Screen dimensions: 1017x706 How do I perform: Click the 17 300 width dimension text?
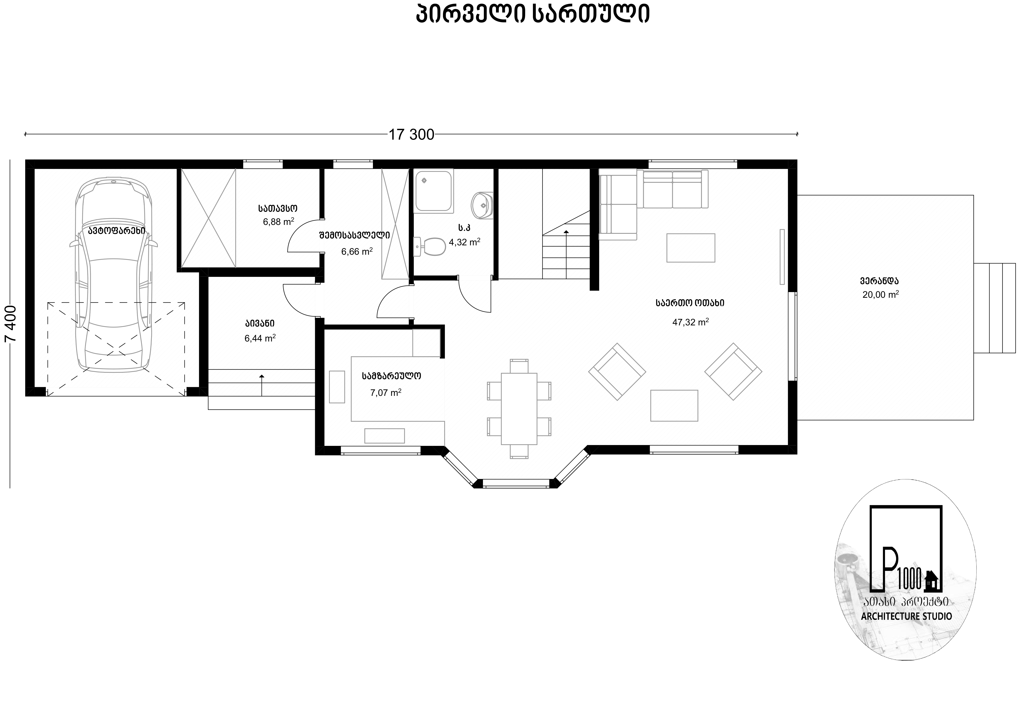click(x=411, y=134)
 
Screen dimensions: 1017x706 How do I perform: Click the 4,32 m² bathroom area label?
click(x=464, y=242)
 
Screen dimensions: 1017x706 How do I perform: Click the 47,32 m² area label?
click(x=690, y=322)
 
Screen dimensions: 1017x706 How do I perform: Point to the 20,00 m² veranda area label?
click(x=880, y=295)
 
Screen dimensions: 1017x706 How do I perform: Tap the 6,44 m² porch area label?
click(x=260, y=338)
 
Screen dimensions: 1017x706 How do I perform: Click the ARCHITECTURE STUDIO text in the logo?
click(x=907, y=616)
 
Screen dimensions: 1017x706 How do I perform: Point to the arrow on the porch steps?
click(x=262, y=385)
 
